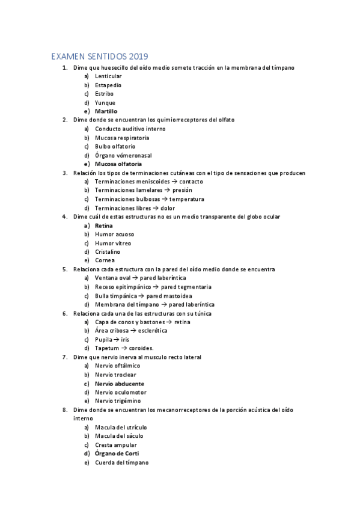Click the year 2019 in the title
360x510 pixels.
click(x=137, y=57)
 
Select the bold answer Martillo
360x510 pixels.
click(x=106, y=111)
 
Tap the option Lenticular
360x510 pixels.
click(x=108, y=76)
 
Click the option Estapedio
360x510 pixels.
click(x=108, y=85)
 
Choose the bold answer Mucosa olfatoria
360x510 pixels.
click(x=118, y=164)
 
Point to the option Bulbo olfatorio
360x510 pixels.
click(x=115, y=146)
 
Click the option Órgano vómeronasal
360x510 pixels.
click(x=123, y=155)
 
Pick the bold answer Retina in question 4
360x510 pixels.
click(x=104, y=226)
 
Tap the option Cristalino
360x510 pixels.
click(x=108, y=252)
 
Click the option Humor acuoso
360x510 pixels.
click(x=114, y=234)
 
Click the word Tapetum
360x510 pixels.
click(x=107, y=348)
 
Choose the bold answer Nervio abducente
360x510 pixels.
click(x=120, y=384)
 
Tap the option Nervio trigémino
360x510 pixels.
click(x=118, y=401)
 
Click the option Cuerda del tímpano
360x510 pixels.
click(x=121, y=462)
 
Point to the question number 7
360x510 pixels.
click(x=64, y=357)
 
